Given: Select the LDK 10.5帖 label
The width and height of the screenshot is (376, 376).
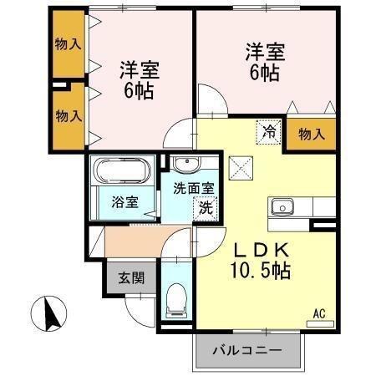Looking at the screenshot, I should [261, 260].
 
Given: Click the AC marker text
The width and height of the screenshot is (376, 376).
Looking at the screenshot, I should [318, 313].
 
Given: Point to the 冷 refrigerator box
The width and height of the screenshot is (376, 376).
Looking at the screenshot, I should [268, 130].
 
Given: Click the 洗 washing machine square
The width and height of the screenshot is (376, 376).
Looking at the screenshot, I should [205, 209].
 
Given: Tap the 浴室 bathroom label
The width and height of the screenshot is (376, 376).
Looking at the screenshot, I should [124, 201].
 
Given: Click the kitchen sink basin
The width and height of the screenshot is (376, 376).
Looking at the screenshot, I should [282, 206].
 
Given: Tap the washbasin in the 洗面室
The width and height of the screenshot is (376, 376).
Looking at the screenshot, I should [185, 163].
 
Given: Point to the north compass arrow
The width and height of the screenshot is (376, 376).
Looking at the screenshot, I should [48, 313].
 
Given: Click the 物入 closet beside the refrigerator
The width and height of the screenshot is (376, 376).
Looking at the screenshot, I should [310, 132].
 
